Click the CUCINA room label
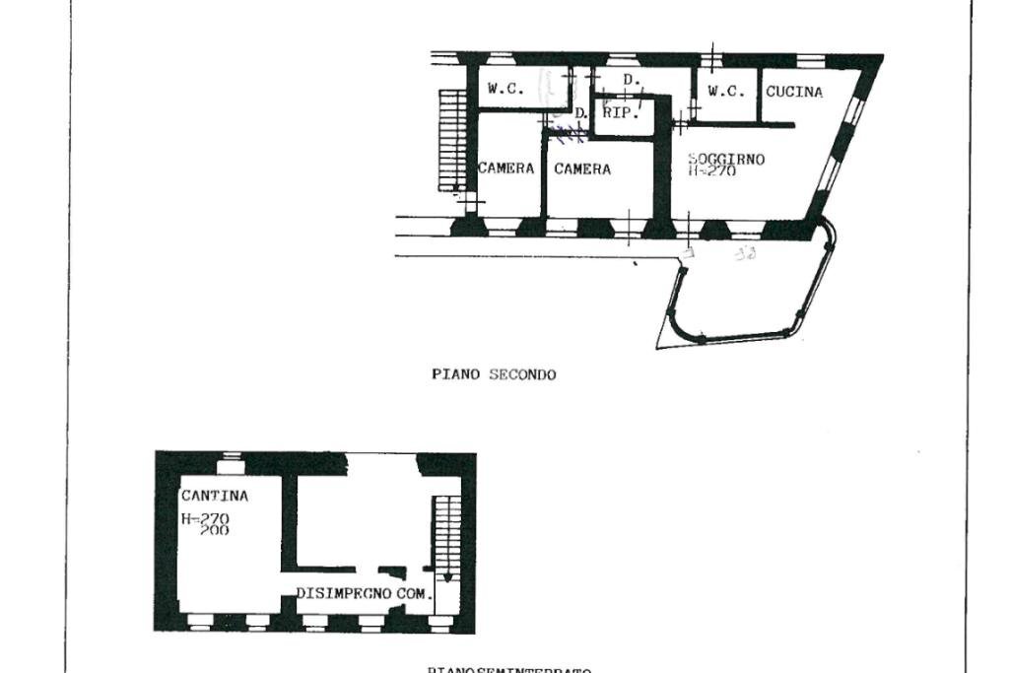[x=794, y=92]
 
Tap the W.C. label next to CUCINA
[x=726, y=92]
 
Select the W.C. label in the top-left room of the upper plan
[x=505, y=89]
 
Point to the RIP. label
[x=621, y=112]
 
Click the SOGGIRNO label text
[x=726, y=159]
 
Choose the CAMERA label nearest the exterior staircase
[x=505, y=168]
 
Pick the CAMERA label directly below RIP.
[x=581, y=169]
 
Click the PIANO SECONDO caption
[x=493, y=374]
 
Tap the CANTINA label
[x=214, y=496]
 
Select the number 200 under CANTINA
[x=215, y=530]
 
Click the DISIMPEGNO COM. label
[x=364, y=594]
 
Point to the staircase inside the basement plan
[x=446, y=537]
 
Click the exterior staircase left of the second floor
[x=451, y=140]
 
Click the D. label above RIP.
[x=632, y=79]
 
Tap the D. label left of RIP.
[x=581, y=113]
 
